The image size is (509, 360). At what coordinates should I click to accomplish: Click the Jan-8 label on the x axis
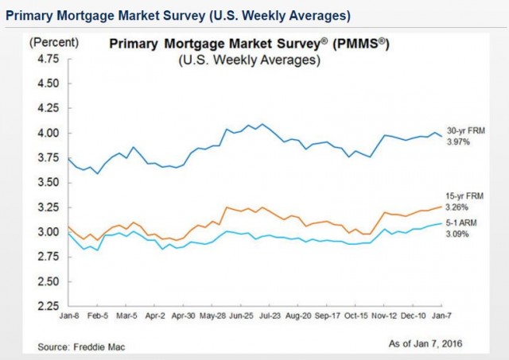tap(68, 315)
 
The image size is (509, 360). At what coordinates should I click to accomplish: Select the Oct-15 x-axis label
tap(356, 315)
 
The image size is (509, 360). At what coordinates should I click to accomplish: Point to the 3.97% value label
tap(464, 141)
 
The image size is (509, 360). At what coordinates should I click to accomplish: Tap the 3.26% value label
tap(464, 205)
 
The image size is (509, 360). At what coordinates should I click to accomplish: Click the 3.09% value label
tap(464, 234)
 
